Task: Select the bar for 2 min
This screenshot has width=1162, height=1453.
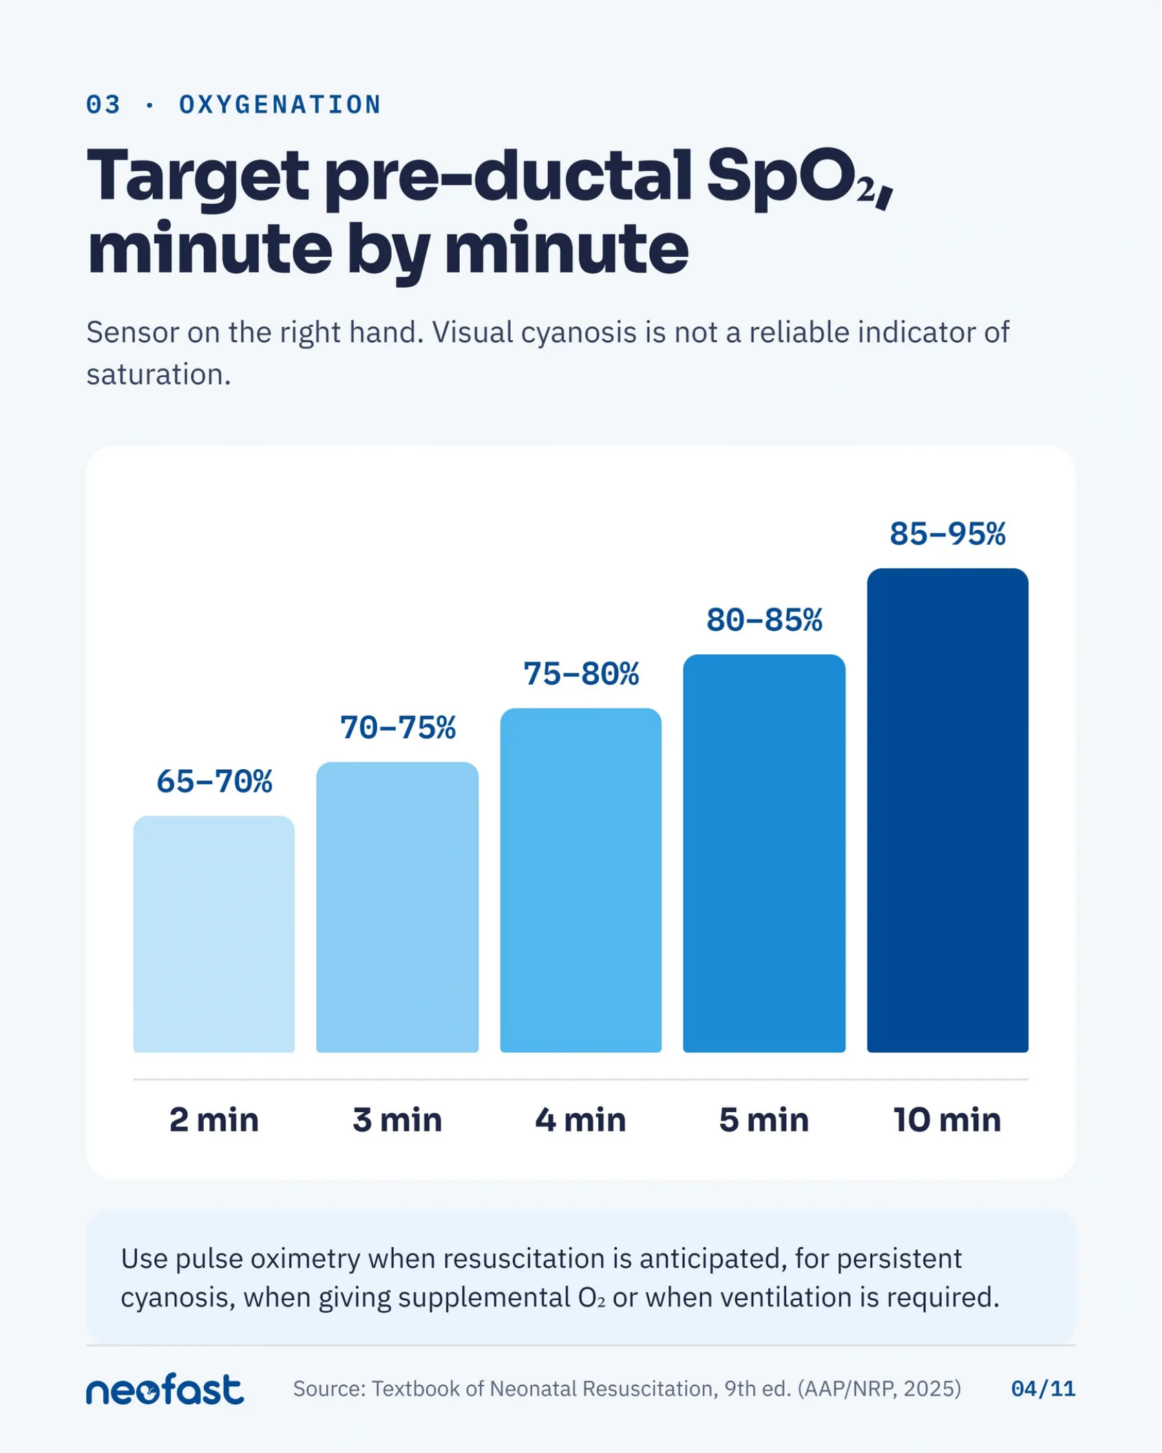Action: pos(214,934)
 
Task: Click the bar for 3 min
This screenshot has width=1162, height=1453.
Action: pos(397,907)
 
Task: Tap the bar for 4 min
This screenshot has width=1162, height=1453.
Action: pos(581,880)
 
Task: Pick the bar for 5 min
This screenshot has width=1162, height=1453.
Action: pos(764,853)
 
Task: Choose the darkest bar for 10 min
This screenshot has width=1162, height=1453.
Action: pos(948,811)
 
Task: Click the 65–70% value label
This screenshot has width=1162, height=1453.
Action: pos(214,782)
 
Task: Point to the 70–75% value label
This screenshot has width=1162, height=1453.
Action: pos(398,728)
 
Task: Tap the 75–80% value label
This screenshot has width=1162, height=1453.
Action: pos(581,674)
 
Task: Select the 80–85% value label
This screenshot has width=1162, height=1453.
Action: pos(764,620)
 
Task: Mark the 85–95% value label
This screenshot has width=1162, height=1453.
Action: pos(948,534)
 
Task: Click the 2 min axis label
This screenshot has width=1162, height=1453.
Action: pos(214,1120)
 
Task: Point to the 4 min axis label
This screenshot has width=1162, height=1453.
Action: pos(581,1120)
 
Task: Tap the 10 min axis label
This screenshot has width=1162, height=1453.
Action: pos(948,1120)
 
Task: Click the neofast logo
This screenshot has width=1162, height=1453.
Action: pos(165,1389)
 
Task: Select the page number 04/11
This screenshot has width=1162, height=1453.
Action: pos(1043,1389)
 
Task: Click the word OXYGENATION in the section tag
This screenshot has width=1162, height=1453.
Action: pos(280,105)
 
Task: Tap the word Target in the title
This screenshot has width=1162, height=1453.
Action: pos(198,176)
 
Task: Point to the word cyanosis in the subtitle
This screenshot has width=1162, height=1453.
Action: pos(579,333)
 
